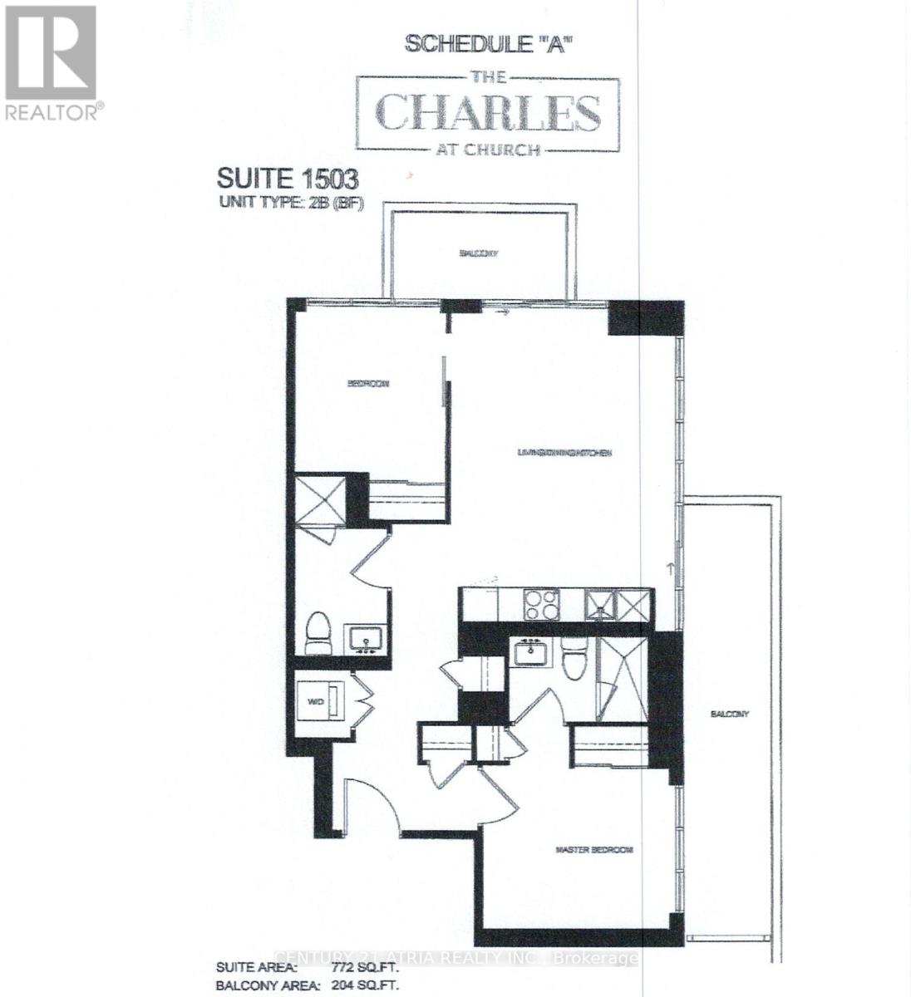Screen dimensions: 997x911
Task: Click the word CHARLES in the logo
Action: (488, 114)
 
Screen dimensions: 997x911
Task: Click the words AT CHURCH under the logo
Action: (488, 150)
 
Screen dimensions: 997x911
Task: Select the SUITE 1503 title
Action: (287, 179)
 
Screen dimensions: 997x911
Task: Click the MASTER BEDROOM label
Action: (593, 850)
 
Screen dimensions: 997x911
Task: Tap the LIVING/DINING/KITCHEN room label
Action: (564, 453)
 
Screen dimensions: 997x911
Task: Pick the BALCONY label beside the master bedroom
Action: (729, 714)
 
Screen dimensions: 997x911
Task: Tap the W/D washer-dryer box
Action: (321, 701)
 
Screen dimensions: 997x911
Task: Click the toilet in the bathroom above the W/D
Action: (318, 632)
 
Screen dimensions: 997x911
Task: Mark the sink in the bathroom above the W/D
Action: (364, 640)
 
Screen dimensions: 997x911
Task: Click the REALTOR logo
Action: (52, 63)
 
